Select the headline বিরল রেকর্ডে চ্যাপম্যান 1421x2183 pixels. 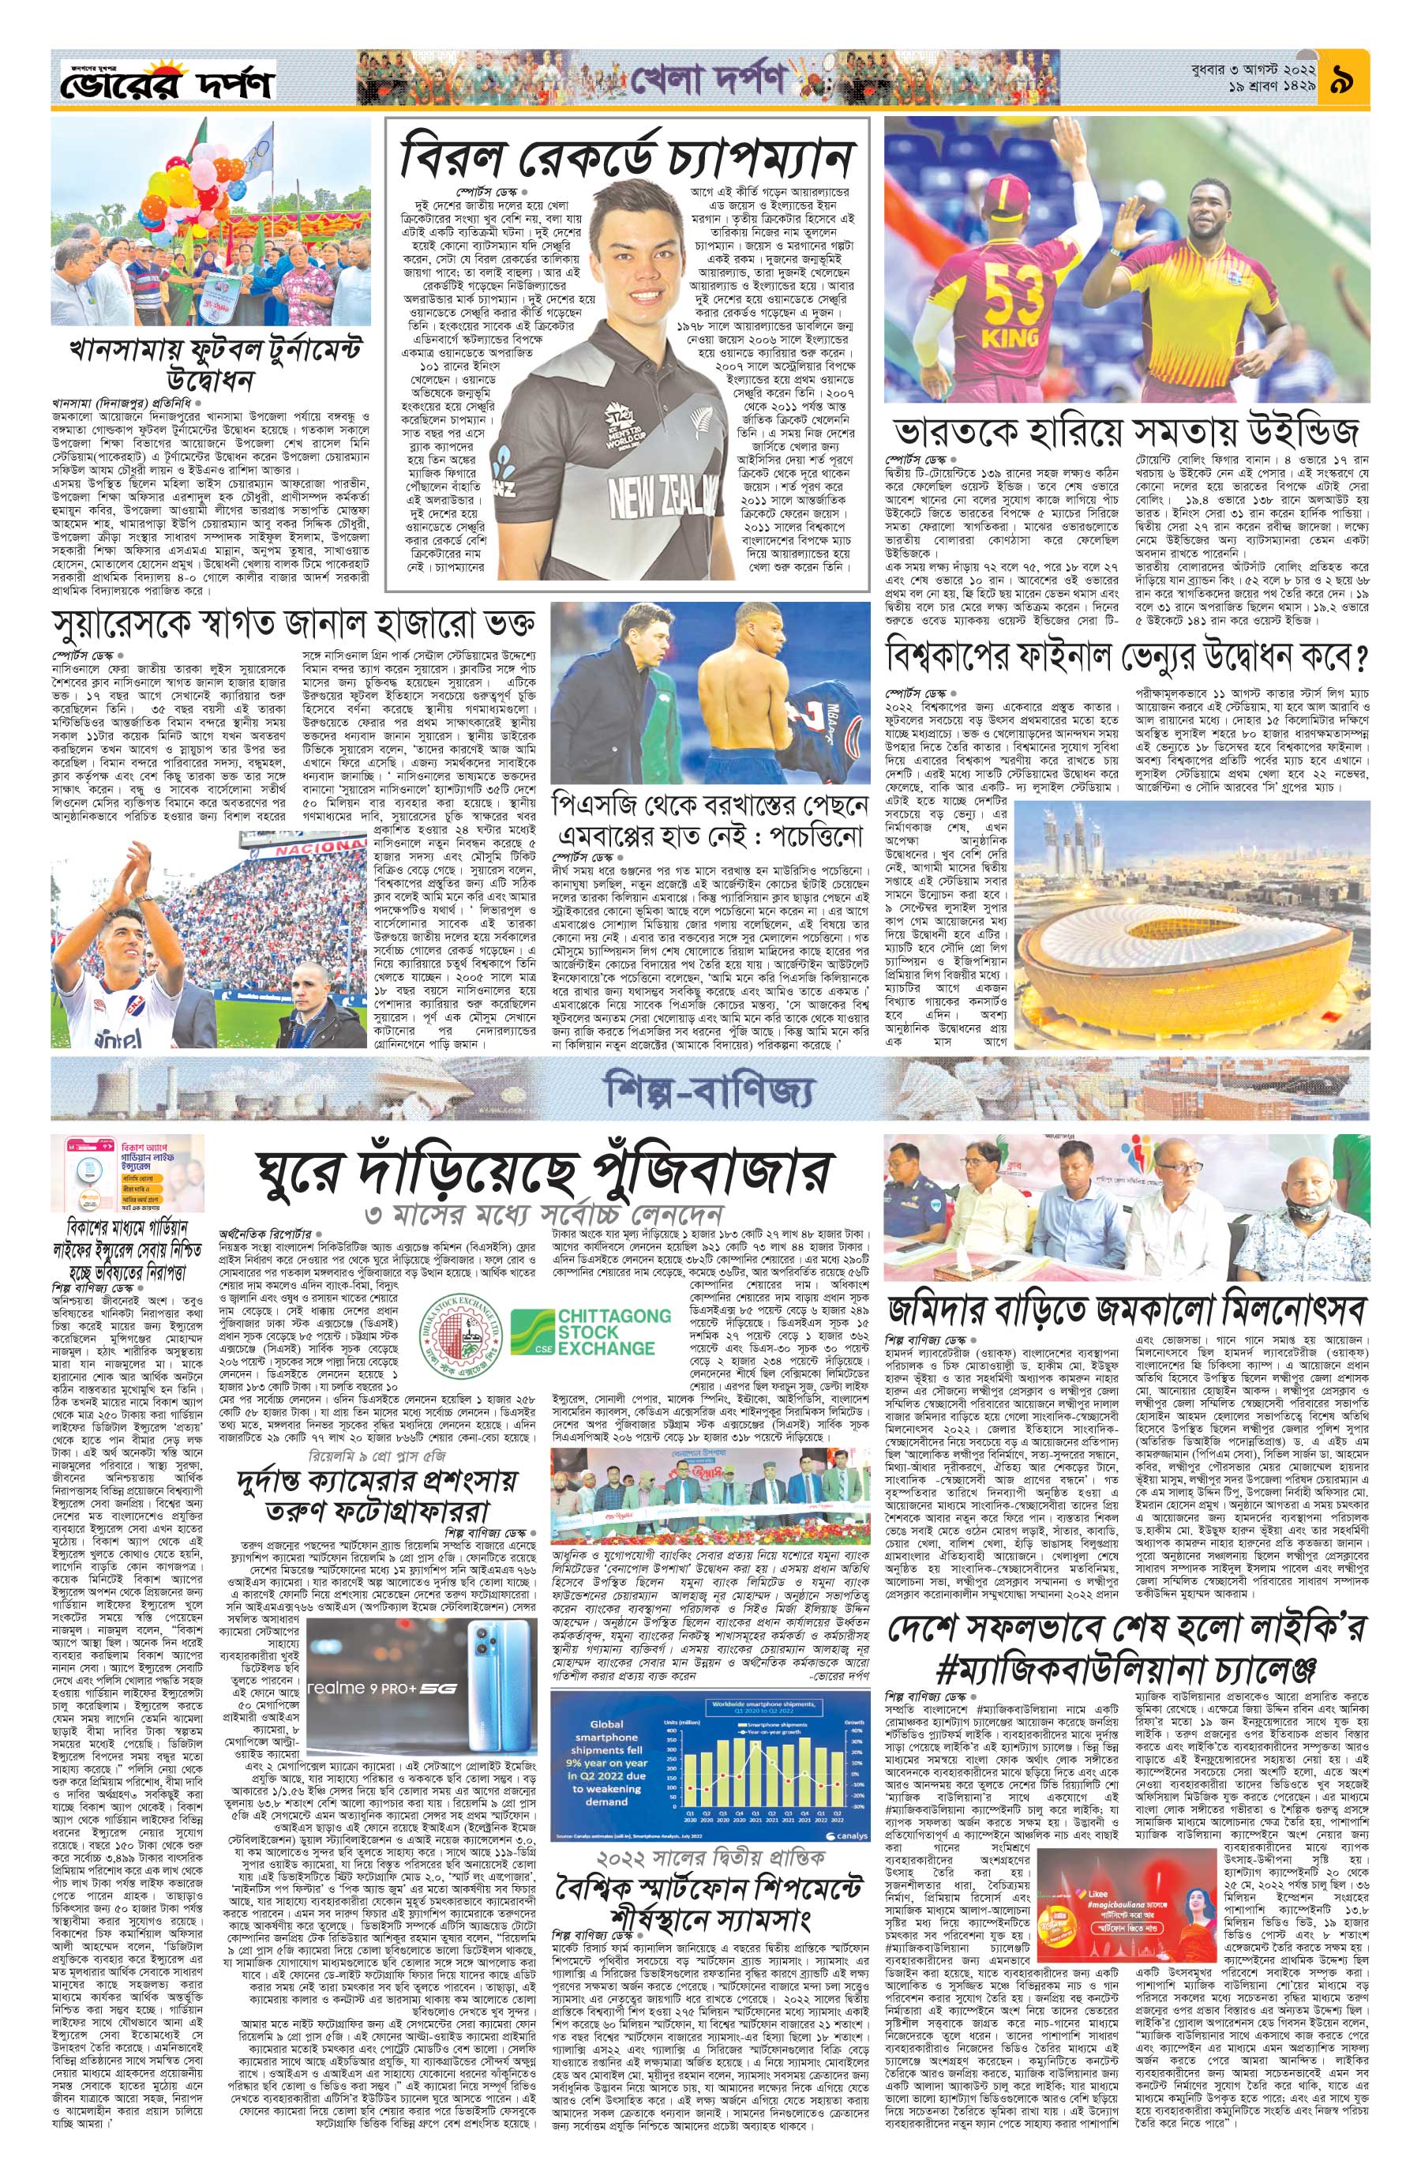(627, 160)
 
